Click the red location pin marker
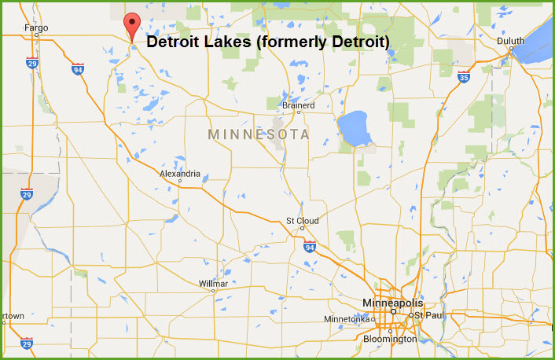pyautogui.click(x=132, y=26)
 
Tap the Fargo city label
pyautogui.click(x=36, y=28)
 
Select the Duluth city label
pyautogui.click(x=511, y=40)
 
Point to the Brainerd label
pyautogui.click(x=298, y=105)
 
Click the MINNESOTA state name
pyautogui.click(x=259, y=135)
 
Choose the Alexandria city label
pyautogui.click(x=180, y=174)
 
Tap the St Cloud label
pyautogui.click(x=302, y=221)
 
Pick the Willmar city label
pyautogui.click(x=213, y=283)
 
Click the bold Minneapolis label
pyautogui.click(x=392, y=303)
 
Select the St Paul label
pyautogui.click(x=429, y=315)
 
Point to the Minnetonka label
pyautogui.click(x=348, y=319)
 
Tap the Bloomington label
pyautogui.click(x=390, y=340)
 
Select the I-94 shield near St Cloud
pyautogui.click(x=311, y=246)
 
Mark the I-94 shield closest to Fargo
pyautogui.click(x=77, y=69)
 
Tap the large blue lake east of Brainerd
pyautogui.click(x=355, y=129)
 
